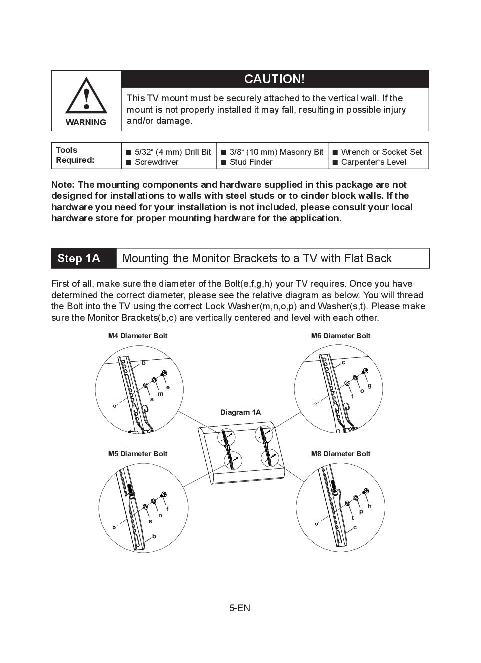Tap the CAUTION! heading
pyautogui.click(x=274, y=79)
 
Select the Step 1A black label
pyautogui.click(x=79, y=258)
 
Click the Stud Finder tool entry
pyautogui.click(x=251, y=162)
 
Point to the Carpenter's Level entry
pyautogui.click(x=373, y=162)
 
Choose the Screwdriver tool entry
pyautogui.click(x=156, y=162)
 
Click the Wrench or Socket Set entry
pyautogui.click(x=381, y=152)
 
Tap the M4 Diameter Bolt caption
pyautogui.click(x=138, y=336)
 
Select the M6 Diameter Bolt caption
pyautogui.click(x=341, y=336)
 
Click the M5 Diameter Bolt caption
pyautogui.click(x=138, y=454)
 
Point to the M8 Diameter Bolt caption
pyautogui.click(x=341, y=454)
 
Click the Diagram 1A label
pyautogui.click(x=241, y=412)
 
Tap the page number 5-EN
pyautogui.click(x=240, y=608)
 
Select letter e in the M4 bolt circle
pyautogui.click(x=168, y=387)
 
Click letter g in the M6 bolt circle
pyautogui.click(x=369, y=385)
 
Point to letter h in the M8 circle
pyautogui.click(x=369, y=506)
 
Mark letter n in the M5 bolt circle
pyautogui.click(x=160, y=515)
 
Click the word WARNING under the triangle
pyautogui.click(x=86, y=122)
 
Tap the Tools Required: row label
pyautogui.click(x=75, y=155)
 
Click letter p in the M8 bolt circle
pyautogui.click(x=361, y=511)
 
